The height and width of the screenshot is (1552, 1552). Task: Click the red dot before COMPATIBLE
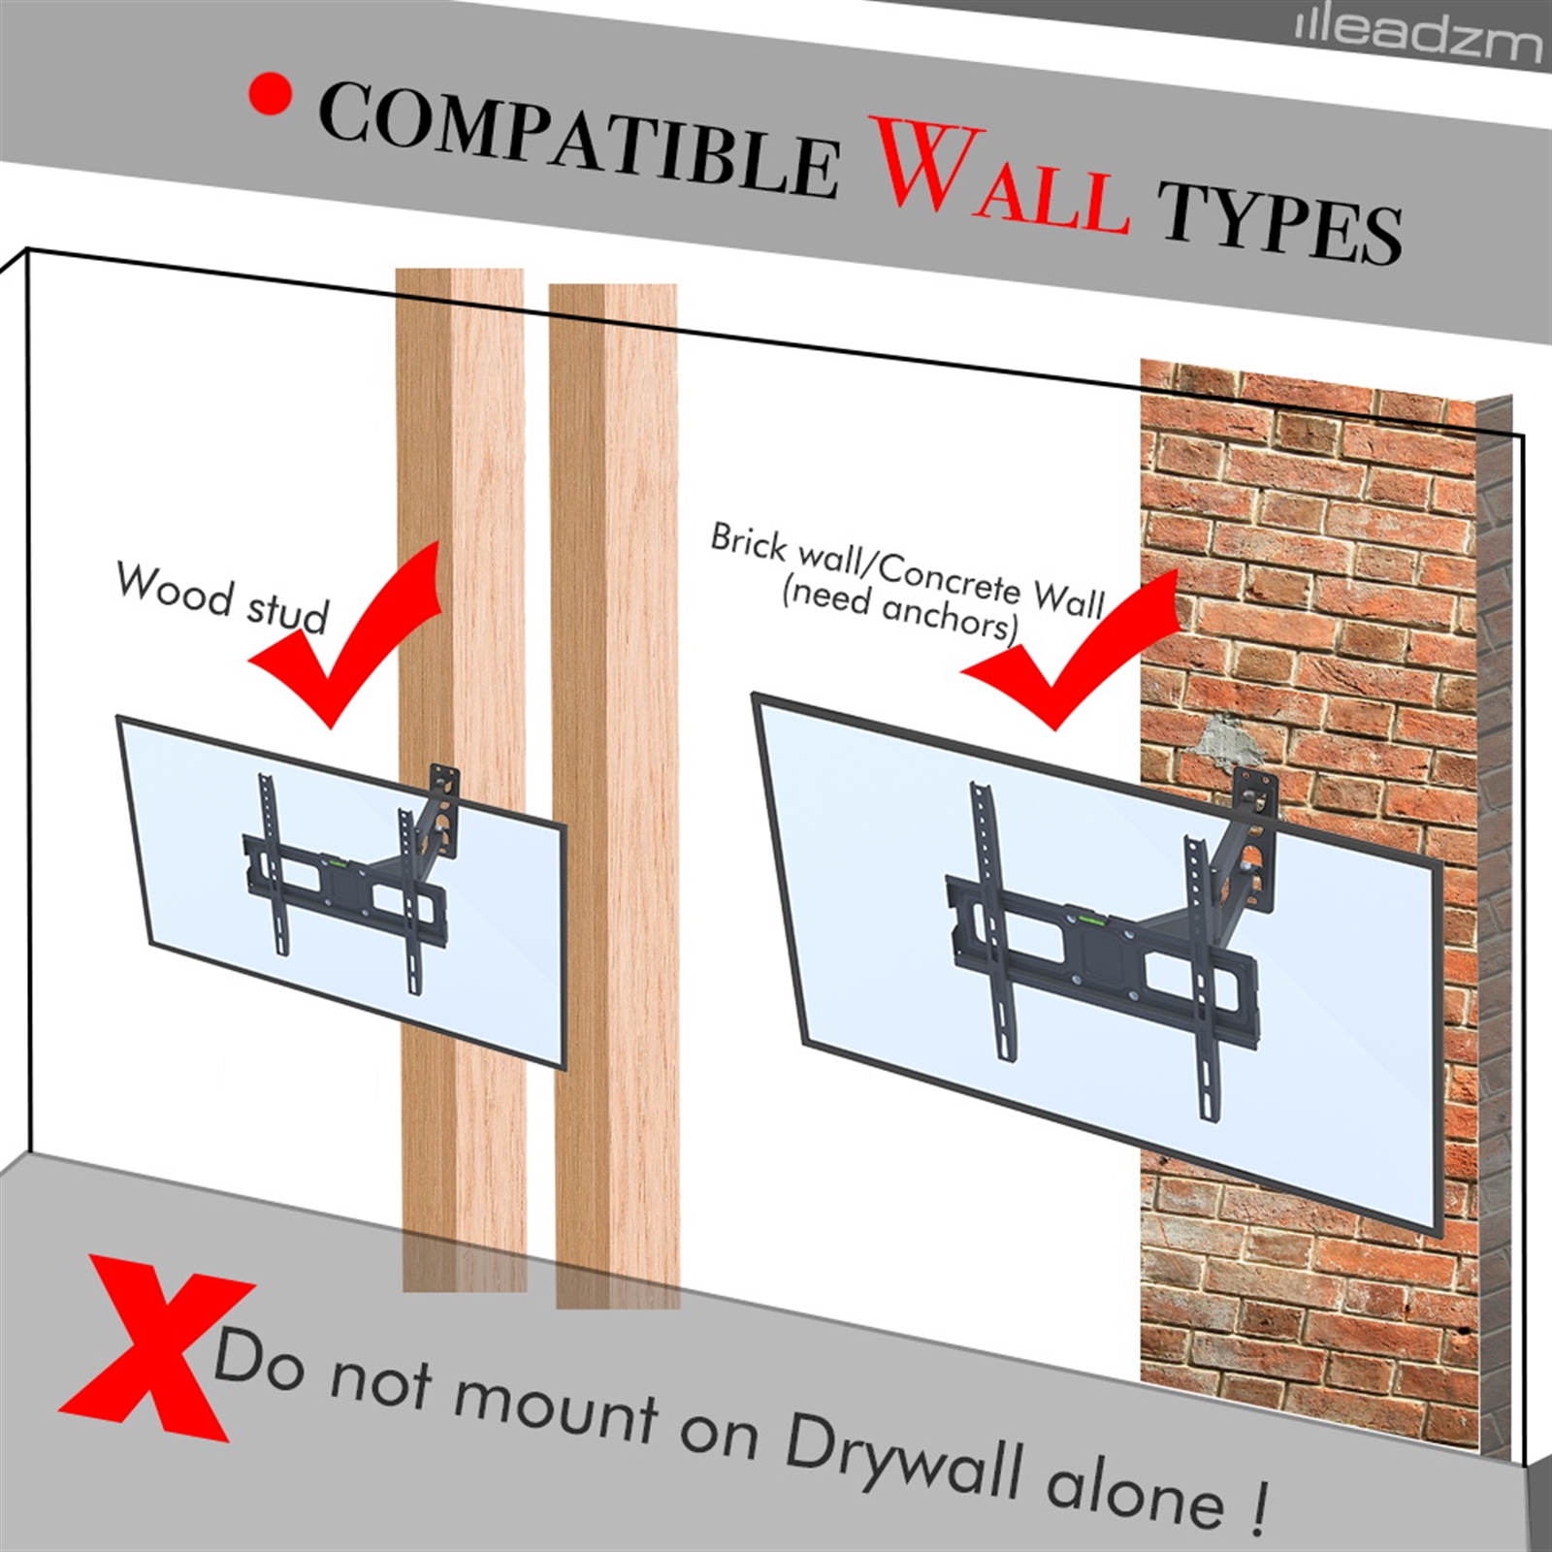tap(270, 93)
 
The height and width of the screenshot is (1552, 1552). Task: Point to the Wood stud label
tap(223, 598)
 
